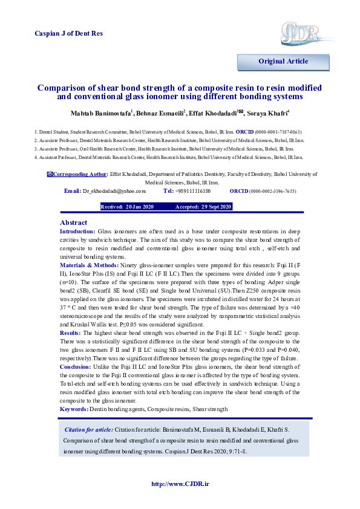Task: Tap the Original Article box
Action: tap(283, 61)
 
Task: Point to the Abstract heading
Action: tap(74, 222)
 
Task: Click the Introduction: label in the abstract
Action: tap(77, 232)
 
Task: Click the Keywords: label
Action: tap(74, 409)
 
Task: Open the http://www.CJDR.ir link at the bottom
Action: tap(180, 484)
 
